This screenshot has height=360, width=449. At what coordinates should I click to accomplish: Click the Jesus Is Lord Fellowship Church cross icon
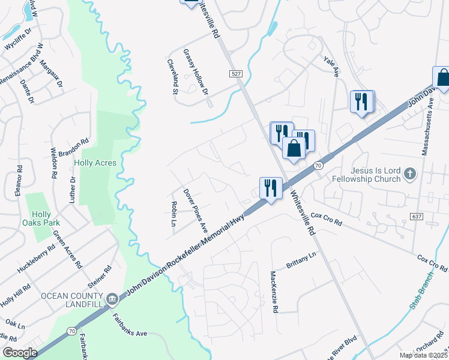[410, 174]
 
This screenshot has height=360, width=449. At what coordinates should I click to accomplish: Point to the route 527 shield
[236, 73]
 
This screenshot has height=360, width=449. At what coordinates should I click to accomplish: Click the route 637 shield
[417, 215]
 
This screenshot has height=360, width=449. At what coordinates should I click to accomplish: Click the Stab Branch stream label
[424, 294]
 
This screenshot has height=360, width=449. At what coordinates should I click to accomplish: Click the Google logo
[20, 353]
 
